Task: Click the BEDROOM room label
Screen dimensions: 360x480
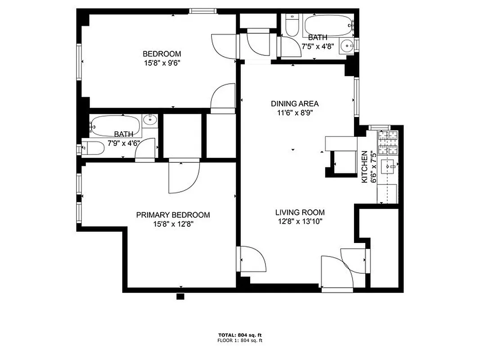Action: click(x=162, y=54)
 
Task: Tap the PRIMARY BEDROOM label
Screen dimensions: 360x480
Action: click(x=173, y=215)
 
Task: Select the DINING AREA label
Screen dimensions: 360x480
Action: click(x=295, y=103)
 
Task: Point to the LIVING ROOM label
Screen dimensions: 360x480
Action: click(x=300, y=212)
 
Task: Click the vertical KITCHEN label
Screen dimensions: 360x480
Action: click(x=365, y=166)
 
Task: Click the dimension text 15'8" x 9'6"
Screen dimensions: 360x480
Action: click(x=162, y=63)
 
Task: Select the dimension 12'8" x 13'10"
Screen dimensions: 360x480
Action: click(x=300, y=221)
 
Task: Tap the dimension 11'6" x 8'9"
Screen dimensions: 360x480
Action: click(x=295, y=113)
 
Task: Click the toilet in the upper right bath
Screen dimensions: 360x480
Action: click(x=292, y=26)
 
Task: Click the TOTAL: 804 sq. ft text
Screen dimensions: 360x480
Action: click(x=240, y=335)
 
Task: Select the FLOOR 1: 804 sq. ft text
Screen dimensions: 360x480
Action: click(x=240, y=341)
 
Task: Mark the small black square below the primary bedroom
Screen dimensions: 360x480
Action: click(x=180, y=296)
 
